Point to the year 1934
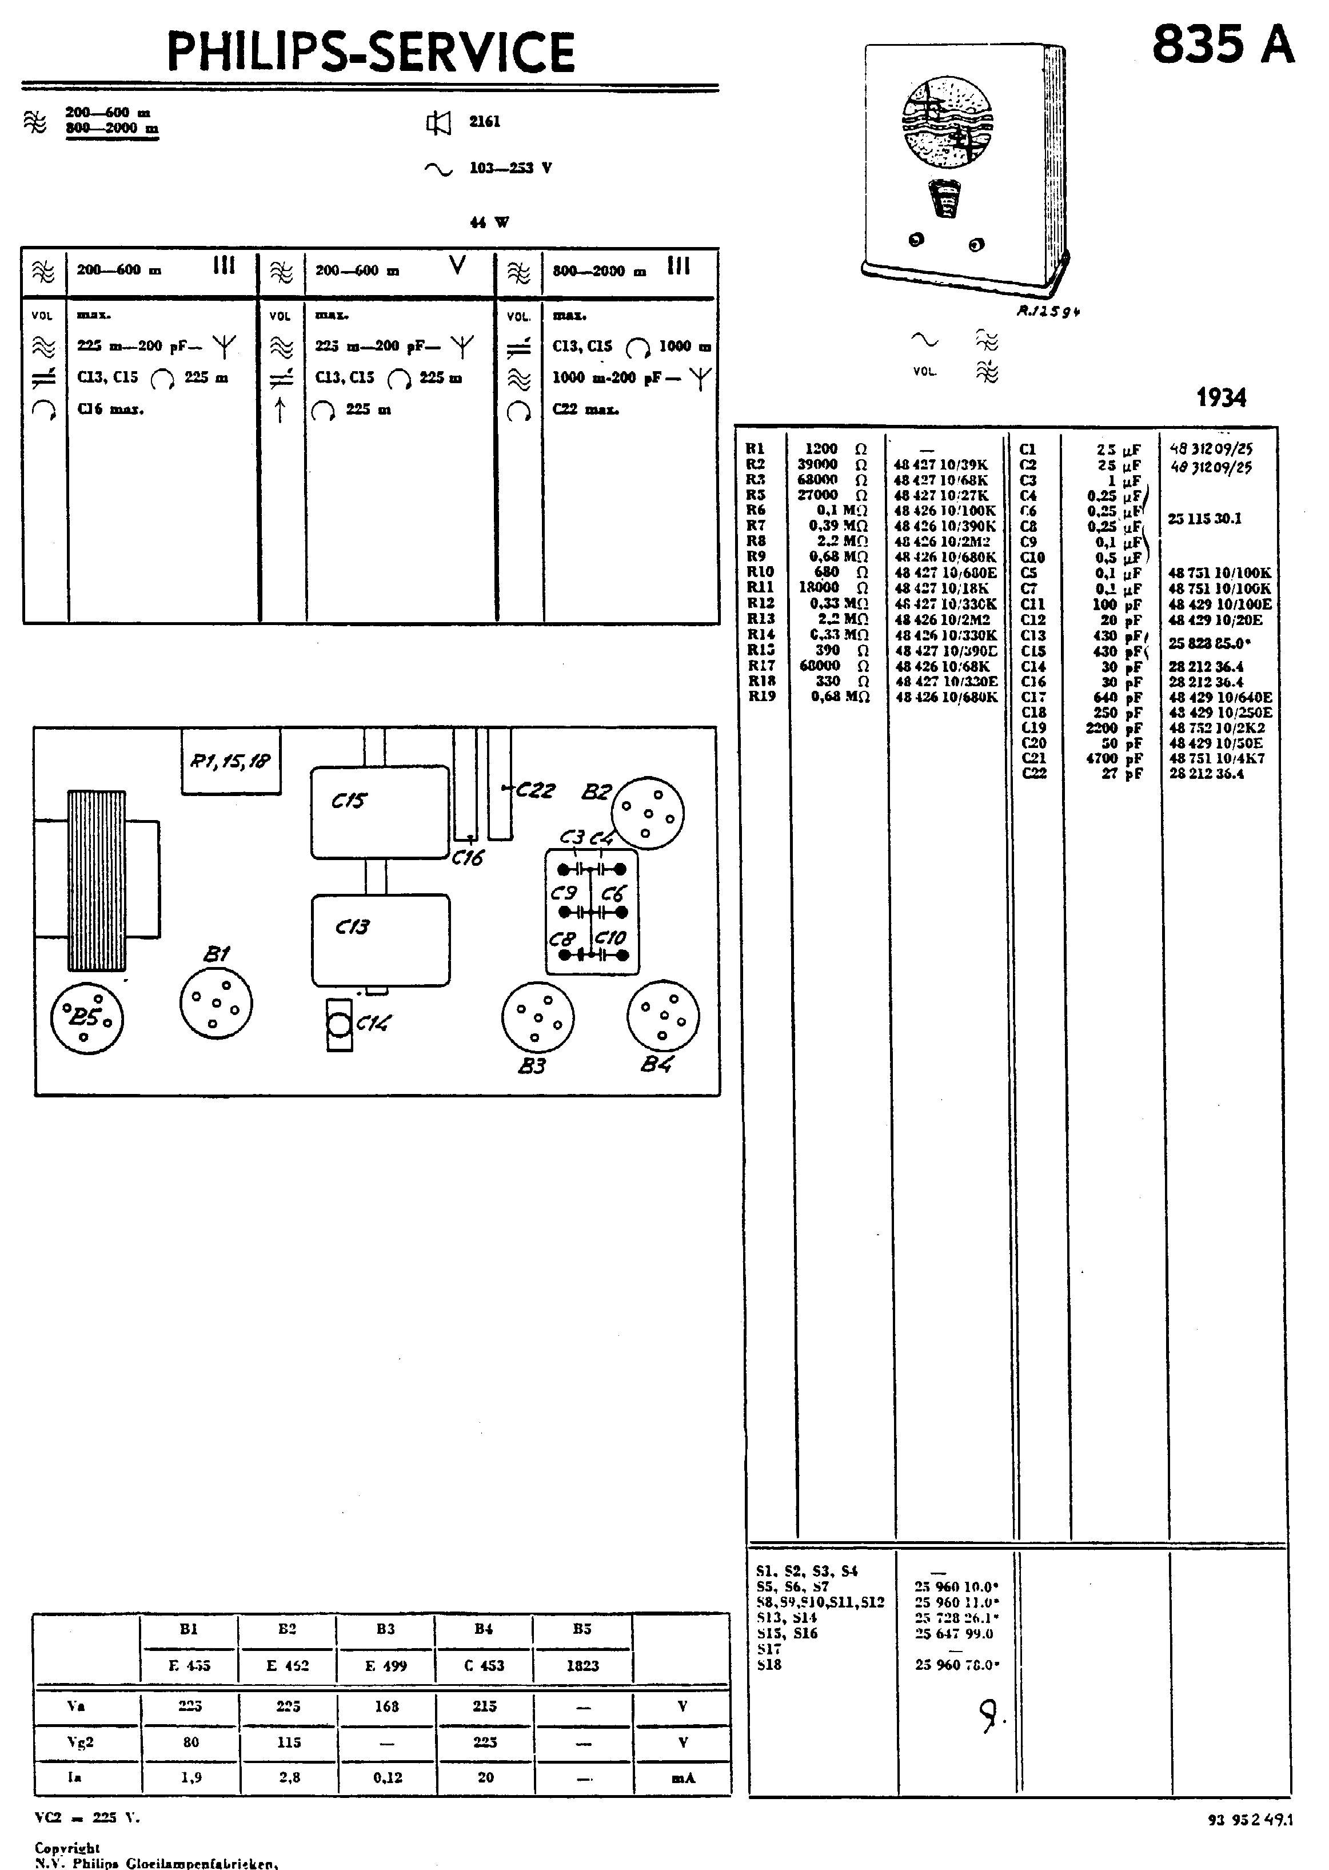click(1221, 398)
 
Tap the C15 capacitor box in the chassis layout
click(380, 811)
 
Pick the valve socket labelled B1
click(216, 1003)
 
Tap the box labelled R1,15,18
click(231, 761)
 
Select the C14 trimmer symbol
click(339, 1024)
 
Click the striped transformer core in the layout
click(97, 880)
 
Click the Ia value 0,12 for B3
click(387, 1777)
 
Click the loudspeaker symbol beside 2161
click(438, 123)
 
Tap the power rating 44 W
click(489, 222)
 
